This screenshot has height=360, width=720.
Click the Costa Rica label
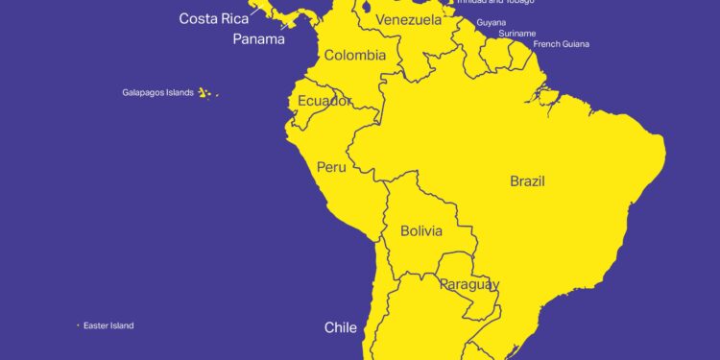(x=214, y=18)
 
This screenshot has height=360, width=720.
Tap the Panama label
(x=258, y=39)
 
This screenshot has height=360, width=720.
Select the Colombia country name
(x=355, y=56)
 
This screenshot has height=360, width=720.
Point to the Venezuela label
(x=408, y=20)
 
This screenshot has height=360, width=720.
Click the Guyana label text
(x=492, y=22)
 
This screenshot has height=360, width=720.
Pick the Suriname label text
(x=517, y=34)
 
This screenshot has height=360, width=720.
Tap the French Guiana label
(x=562, y=44)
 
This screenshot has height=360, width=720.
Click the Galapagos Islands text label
(x=157, y=93)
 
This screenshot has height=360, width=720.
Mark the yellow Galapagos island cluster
(x=204, y=93)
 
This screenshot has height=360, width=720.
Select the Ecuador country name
(x=324, y=101)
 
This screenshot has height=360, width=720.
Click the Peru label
(x=331, y=167)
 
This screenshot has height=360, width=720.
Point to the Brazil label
(x=528, y=180)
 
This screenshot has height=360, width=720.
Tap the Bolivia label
(x=421, y=231)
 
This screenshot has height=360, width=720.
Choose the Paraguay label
(x=468, y=285)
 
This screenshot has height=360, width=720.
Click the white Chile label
(x=341, y=328)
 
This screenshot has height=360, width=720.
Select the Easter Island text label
(x=108, y=325)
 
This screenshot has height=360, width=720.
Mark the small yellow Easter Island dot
(x=78, y=325)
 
